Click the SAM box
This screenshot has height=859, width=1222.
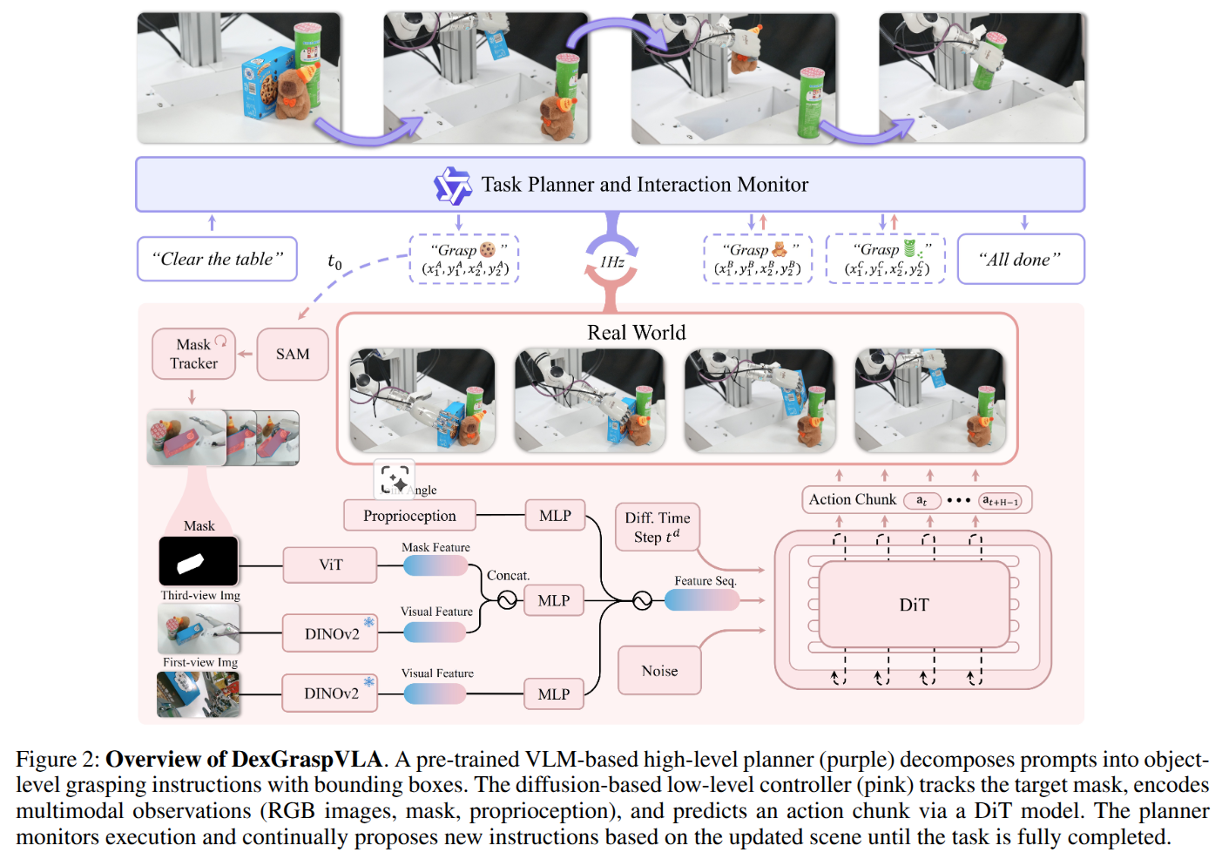click(293, 354)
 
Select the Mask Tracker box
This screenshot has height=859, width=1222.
click(193, 354)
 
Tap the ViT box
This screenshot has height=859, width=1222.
click(330, 565)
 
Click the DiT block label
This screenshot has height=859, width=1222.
click(914, 605)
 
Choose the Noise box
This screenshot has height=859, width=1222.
click(659, 671)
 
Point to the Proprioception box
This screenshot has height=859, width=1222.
click(409, 516)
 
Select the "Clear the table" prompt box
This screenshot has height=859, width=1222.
click(217, 259)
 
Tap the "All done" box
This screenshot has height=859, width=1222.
click(1020, 259)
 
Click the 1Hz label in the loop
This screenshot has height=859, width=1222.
click(611, 261)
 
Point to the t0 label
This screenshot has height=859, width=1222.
click(334, 260)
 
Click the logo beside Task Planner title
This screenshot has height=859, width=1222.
click(452, 185)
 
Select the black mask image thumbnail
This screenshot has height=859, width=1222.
click(198, 561)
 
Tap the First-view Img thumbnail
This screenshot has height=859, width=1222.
click(198, 694)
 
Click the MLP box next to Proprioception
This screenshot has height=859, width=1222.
click(555, 516)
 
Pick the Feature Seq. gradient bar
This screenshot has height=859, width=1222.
click(701, 599)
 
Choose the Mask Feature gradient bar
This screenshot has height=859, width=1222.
click(435, 565)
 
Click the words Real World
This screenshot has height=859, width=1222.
click(636, 333)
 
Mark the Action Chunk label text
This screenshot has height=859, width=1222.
click(852, 499)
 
